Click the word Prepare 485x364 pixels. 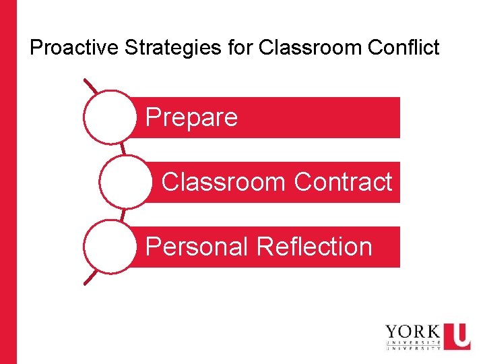pos(191,118)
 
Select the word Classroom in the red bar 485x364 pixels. pos(224,182)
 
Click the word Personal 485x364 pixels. pos(197,247)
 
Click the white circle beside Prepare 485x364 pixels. pos(110,117)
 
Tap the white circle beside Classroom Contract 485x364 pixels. pos(126,182)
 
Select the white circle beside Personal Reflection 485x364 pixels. pos(110,247)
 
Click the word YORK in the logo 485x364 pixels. pos(412,332)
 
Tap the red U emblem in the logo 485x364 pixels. pos(457,336)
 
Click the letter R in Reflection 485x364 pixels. pos(265,247)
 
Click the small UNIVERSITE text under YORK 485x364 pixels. pos(412,342)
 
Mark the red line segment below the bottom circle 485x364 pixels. pos(90,278)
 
